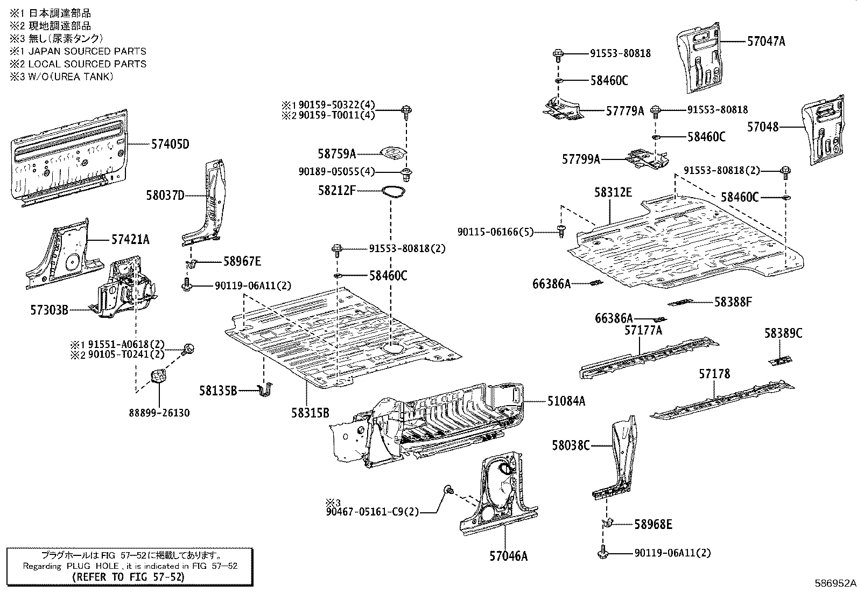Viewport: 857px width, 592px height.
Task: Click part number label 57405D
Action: click(170, 144)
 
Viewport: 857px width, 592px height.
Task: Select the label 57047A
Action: click(765, 41)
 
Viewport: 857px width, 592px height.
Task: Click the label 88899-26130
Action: click(159, 413)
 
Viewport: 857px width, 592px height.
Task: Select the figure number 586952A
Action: click(834, 583)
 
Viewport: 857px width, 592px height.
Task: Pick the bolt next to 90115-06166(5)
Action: click(560, 231)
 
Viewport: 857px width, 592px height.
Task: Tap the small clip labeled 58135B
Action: click(265, 390)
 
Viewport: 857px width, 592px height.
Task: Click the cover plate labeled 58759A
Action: click(392, 154)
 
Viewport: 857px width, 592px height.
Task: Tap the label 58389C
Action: click(783, 333)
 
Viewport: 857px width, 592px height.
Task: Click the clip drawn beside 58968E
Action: click(606, 523)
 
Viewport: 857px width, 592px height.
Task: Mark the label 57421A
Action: click(130, 239)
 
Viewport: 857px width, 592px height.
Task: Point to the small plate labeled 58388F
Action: click(680, 302)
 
